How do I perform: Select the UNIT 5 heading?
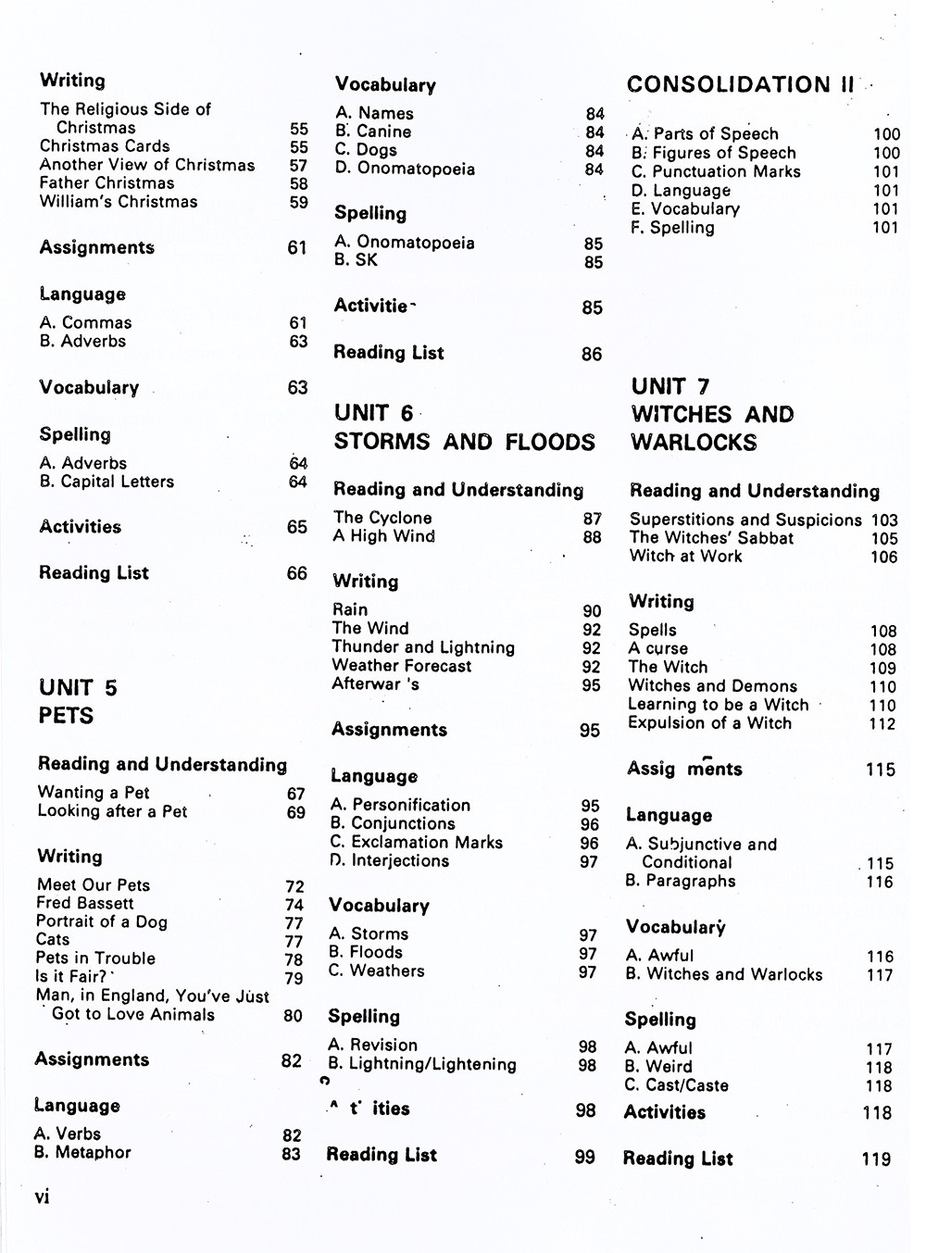[x=78, y=688]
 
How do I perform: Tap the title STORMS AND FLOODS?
[x=464, y=442]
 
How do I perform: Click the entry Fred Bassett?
[x=85, y=903]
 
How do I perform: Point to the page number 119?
[x=876, y=1159]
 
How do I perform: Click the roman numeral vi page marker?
[x=43, y=1197]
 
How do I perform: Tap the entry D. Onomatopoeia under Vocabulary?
[x=405, y=169]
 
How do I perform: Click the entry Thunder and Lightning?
[x=423, y=647]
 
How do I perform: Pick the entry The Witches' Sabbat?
[x=711, y=538]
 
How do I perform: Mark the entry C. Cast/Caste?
[x=676, y=1085]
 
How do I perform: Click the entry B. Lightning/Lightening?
[x=422, y=1064]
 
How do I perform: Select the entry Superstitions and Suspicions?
[x=745, y=520]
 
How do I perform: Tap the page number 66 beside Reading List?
[x=297, y=573]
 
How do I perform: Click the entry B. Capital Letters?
[x=106, y=482]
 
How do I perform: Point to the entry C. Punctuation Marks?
[x=716, y=171]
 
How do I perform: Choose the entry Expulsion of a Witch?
[x=709, y=723]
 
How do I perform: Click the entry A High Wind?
[x=383, y=536]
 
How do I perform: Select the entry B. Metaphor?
[x=82, y=1152]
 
